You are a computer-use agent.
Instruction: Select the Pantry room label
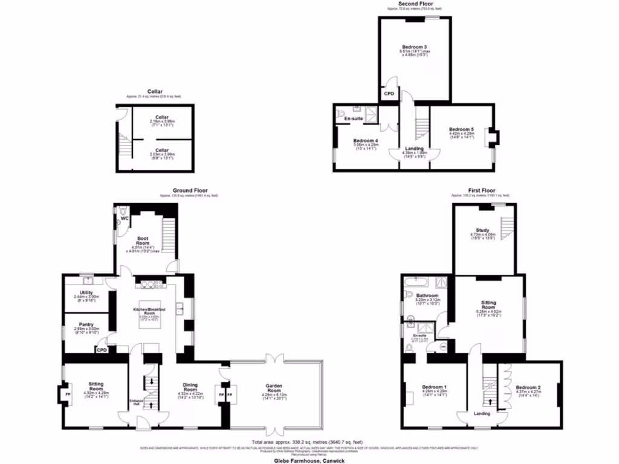[87, 324]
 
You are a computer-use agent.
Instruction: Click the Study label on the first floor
[482, 230]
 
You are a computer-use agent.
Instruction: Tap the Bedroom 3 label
[414, 47]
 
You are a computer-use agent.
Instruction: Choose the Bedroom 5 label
[461, 129]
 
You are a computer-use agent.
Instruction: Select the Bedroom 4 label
[365, 141]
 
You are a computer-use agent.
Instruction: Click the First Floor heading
[481, 190]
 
